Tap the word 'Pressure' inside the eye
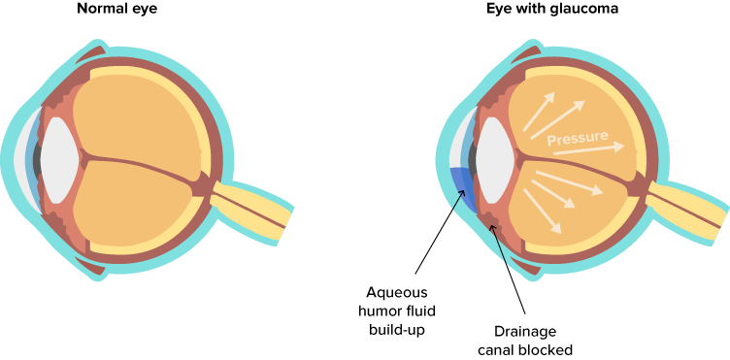[x=578, y=139]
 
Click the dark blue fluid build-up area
[x=462, y=189]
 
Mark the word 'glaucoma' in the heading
[x=581, y=11]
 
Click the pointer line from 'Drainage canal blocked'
[x=510, y=272]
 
